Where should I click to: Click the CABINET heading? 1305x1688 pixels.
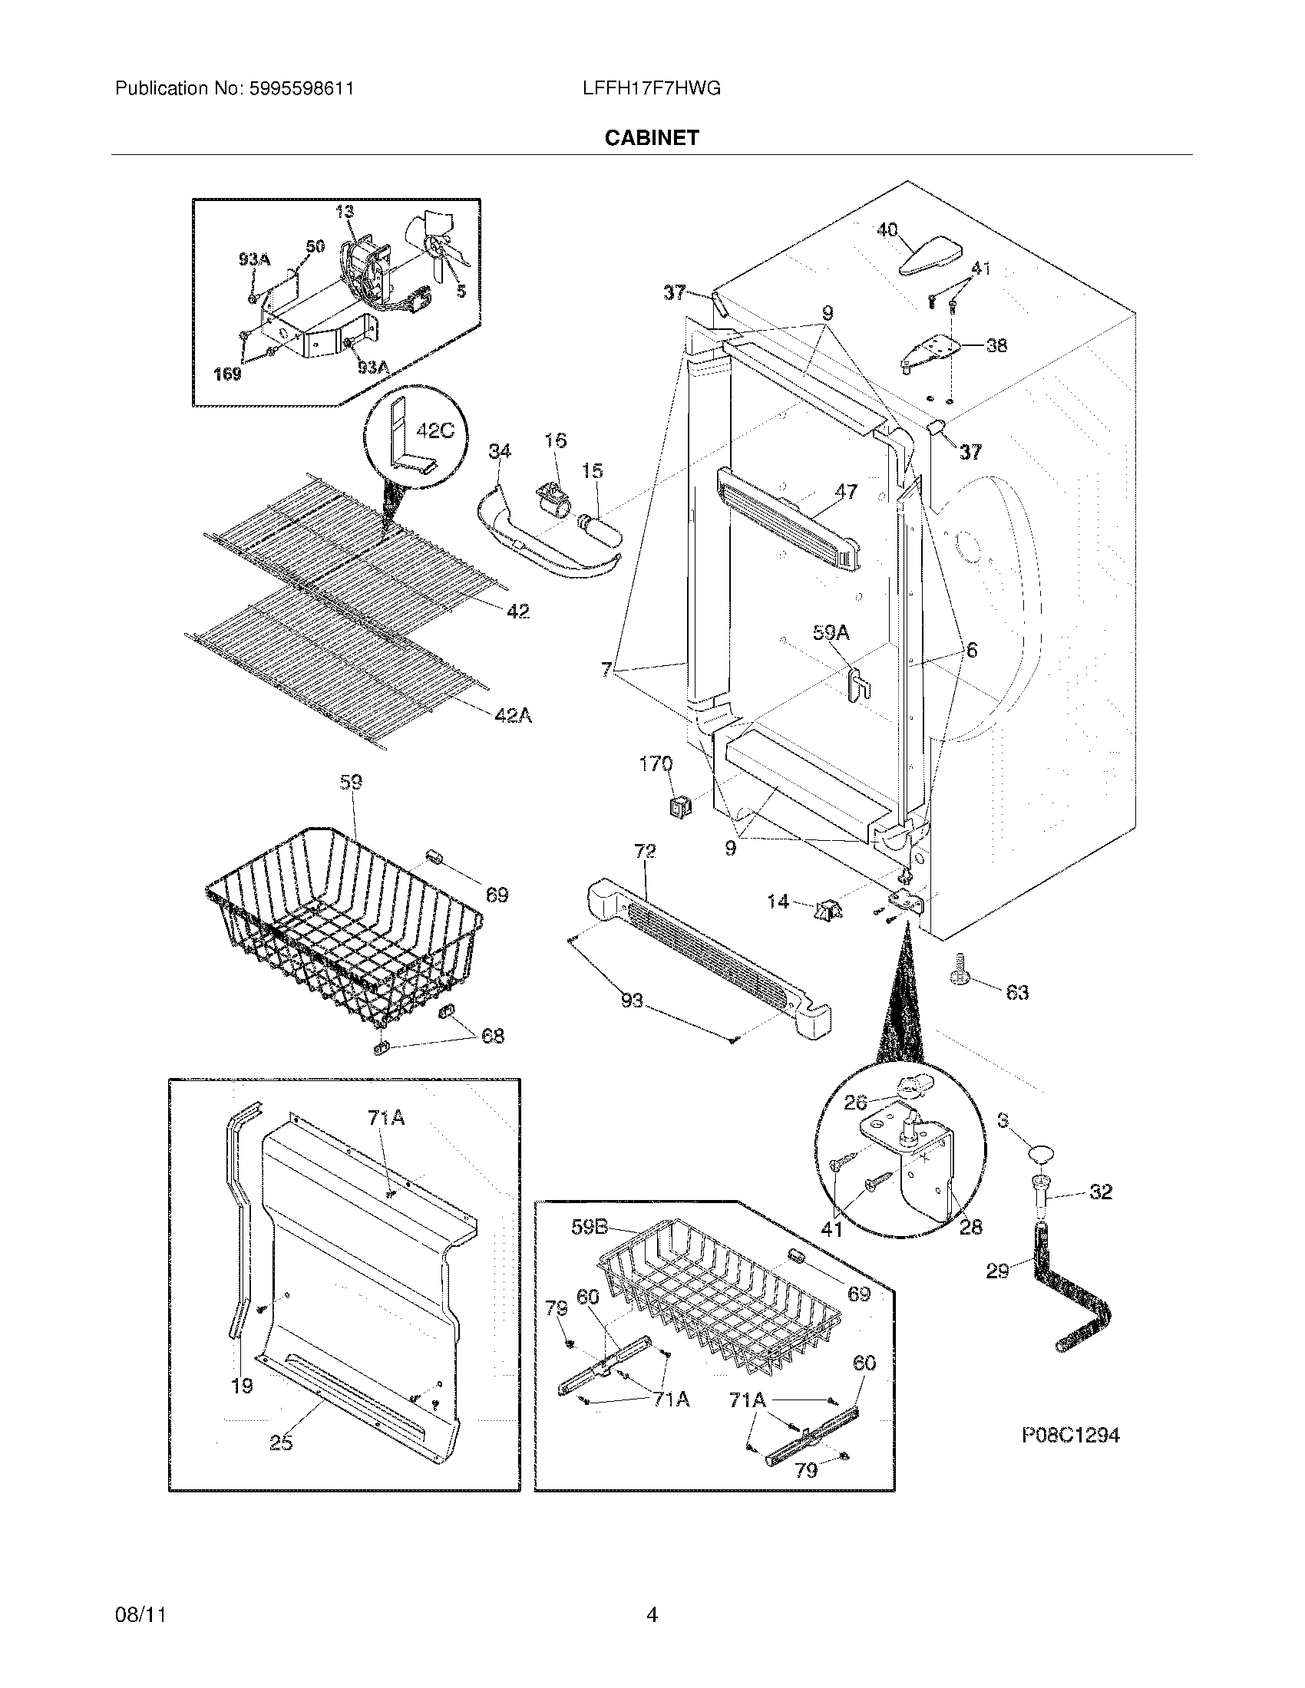[x=652, y=137]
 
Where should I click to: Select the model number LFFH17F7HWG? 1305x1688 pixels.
[x=652, y=89]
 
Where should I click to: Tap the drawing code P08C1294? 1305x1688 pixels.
[x=1071, y=1436]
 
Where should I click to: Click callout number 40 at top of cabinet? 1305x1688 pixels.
[x=887, y=229]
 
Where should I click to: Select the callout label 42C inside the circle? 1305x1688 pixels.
[x=434, y=430]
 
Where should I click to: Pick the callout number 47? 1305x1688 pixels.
[x=846, y=491]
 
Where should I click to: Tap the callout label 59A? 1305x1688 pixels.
[x=831, y=633]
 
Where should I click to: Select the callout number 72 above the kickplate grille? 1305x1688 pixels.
[x=645, y=851]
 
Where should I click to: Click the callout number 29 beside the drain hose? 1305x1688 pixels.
[x=997, y=1270]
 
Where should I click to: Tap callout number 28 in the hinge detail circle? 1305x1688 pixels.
[x=970, y=1227]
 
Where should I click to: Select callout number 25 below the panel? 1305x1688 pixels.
[x=281, y=1442]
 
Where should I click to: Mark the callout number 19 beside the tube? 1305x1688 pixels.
[x=242, y=1386]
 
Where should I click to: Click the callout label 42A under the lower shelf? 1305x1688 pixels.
[x=514, y=716]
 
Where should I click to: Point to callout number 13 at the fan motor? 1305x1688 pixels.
[x=345, y=212]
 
